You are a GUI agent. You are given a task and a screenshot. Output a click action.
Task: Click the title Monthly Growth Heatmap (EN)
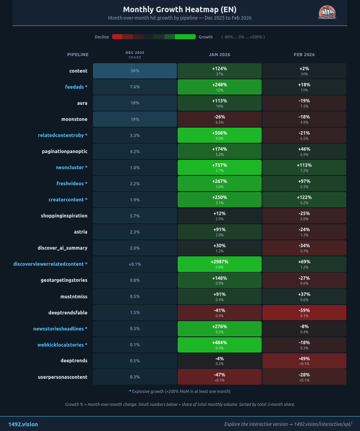[180, 9]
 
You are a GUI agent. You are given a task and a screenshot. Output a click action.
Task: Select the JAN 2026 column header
[219, 55]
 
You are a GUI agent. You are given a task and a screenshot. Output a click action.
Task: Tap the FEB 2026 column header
[304, 55]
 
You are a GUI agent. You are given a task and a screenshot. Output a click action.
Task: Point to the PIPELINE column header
[78, 55]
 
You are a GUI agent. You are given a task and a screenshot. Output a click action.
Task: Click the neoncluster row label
[71, 168]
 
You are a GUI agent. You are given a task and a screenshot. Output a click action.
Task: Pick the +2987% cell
[219, 264]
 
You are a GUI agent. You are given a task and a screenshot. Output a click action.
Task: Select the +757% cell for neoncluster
[219, 168]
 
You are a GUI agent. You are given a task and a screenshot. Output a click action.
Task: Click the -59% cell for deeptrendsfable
[304, 312]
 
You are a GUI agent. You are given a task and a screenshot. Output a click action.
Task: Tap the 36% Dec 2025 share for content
[135, 71]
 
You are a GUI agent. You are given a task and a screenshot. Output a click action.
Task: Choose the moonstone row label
[74, 119]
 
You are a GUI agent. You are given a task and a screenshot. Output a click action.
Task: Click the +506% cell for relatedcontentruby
[219, 135]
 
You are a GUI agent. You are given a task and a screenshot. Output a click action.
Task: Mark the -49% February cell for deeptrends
[304, 361]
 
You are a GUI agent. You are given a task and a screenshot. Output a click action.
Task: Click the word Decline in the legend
[102, 37]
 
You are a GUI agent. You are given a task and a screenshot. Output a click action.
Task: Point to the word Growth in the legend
[205, 37]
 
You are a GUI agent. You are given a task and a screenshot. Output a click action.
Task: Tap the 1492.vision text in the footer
[23, 424]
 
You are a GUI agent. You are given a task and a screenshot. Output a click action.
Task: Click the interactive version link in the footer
[288, 424]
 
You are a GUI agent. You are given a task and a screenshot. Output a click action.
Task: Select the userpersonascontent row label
[63, 377]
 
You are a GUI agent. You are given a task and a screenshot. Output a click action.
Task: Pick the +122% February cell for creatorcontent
[304, 200]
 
